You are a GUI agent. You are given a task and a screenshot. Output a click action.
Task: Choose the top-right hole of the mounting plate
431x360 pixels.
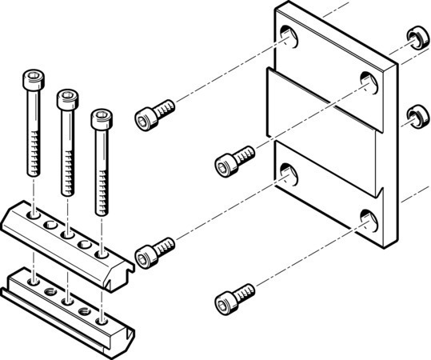(368, 80)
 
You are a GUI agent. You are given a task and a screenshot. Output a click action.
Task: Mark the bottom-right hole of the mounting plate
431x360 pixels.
(367, 218)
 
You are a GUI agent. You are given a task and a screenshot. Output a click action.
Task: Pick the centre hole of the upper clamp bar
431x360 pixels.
(67, 234)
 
